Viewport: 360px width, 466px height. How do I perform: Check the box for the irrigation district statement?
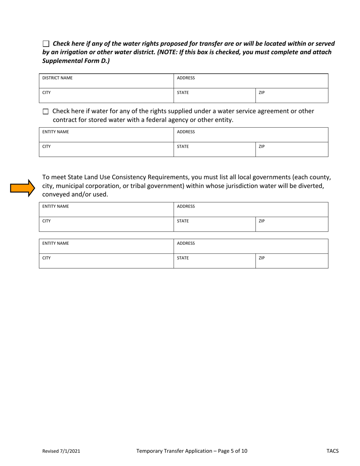(x=46, y=44)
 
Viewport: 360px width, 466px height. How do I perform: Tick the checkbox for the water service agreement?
(x=46, y=111)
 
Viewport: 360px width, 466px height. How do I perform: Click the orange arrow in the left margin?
(x=22, y=188)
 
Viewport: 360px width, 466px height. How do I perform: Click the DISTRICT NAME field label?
(x=57, y=78)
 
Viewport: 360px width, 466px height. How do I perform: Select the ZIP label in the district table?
(x=261, y=92)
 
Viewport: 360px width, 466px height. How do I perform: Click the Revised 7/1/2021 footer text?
(x=61, y=451)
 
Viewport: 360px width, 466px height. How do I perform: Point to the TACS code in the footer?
(x=332, y=451)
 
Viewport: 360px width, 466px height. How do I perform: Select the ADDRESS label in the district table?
(x=186, y=78)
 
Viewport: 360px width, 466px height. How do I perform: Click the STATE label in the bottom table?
(x=183, y=258)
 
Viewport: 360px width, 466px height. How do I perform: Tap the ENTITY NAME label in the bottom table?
(x=55, y=244)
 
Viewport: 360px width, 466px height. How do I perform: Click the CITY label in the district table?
(x=46, y=92)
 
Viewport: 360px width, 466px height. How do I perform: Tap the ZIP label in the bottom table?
(x=261, y=258)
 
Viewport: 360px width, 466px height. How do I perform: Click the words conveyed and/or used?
(x=75, y=195)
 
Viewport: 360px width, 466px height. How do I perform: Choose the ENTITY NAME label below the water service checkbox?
(x=55, y=132)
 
